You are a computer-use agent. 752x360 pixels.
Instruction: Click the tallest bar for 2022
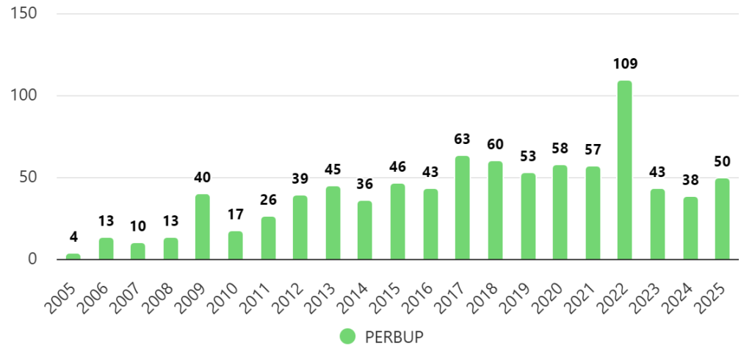[x=624, y=170]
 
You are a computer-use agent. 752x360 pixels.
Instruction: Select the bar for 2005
[x=73, y=256]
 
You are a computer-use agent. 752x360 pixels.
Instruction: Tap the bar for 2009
[x=203, y=227]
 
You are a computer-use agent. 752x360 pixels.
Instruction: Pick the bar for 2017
[x=462, y=208]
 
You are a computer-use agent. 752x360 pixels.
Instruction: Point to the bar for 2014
[x=365, y=230]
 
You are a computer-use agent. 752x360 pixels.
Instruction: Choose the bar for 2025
[x=723, y=219]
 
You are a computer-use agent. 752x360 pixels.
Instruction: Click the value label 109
[x=625, y=64]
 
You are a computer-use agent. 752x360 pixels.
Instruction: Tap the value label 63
[x=463, y=140]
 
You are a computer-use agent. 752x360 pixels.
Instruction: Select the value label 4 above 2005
[x=73, y=237]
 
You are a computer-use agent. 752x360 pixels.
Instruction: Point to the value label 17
[x=236, y=216]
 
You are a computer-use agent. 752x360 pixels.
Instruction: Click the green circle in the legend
[x=347, y=336]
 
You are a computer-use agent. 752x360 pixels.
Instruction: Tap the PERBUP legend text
[x=394, y=336]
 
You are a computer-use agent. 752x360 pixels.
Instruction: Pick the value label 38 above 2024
[x=690, y=181]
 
